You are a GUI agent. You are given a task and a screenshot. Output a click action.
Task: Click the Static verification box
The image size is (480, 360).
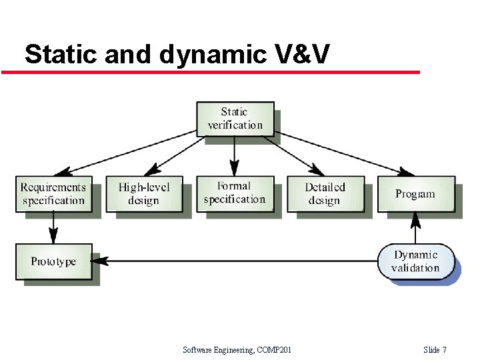(235, 119)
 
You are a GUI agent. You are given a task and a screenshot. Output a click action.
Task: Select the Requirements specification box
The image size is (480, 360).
(53, 193)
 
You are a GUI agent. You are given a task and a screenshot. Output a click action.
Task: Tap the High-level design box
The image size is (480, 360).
(143, 193)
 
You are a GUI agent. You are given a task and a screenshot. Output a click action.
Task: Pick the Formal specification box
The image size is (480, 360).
(234, 193)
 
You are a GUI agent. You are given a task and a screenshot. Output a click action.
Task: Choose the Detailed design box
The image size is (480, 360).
(325, 193)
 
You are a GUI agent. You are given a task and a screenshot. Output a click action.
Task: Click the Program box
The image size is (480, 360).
(415, 194)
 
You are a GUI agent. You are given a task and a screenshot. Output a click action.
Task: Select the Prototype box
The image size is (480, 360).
(53, 261)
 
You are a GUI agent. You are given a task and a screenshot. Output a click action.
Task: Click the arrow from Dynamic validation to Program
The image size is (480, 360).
(415, 228)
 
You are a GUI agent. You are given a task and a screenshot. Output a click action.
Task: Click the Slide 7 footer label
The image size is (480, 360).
(435, 350)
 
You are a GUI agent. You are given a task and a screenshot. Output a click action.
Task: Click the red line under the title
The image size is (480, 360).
(211, 72)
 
